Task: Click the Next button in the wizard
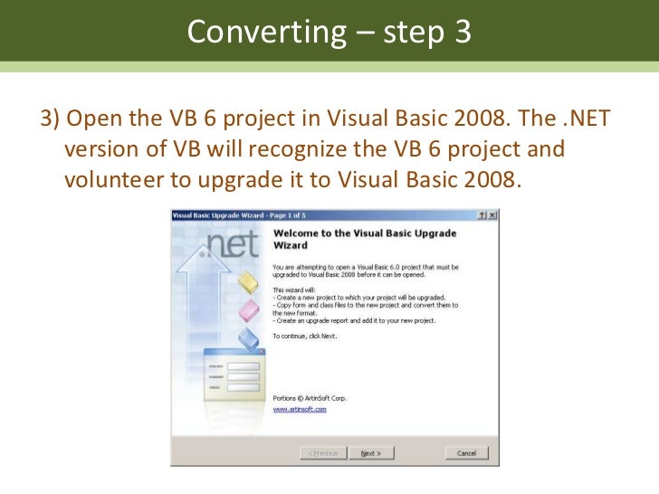pyautogui.click(x=371, y=453)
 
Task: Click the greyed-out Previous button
pyautogui.click(x=323, y=453)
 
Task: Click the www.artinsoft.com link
pyautogui.click(x=299, y=409)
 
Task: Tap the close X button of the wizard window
pyautogui.click(x=492, y=215)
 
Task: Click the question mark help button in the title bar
pyautogui.click(x=481, y=215)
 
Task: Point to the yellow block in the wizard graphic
pyautogui.click(x=247, y=282)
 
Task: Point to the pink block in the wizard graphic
pyautogui.click(x=248, y=312)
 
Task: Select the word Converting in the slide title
pyautogui.click(x=263, y=33)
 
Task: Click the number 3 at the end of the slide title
pyautogui.click(x=462, y=33)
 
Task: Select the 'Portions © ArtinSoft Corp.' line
pyautogui.click(x=310, y=397)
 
